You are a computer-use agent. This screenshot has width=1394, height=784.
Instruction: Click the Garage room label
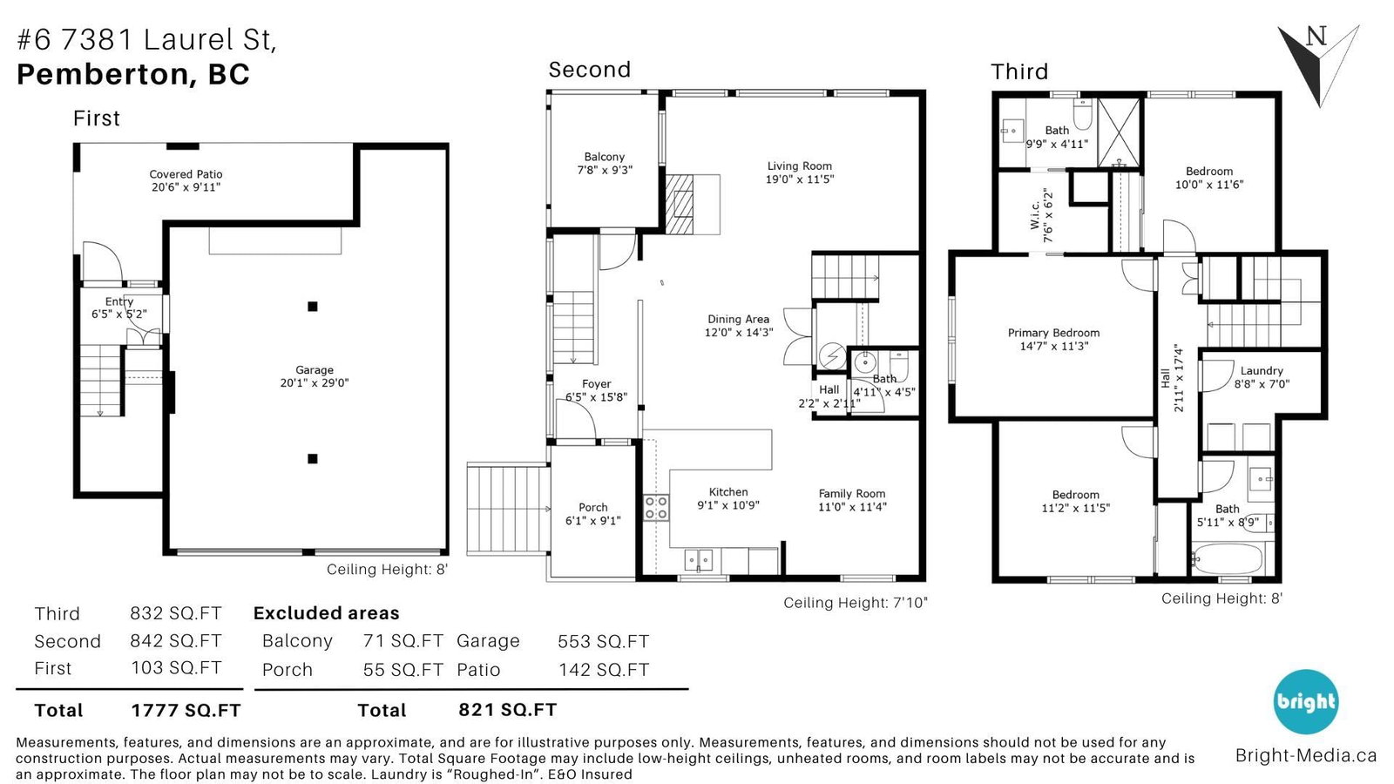pos(315,369)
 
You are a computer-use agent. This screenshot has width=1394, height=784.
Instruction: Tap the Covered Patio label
pos(186,174)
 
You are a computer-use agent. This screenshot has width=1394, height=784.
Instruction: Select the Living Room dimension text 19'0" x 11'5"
pos(800,179)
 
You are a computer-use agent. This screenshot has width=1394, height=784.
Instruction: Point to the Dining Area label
pos(738,319)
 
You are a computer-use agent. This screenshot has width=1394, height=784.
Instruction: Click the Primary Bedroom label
pos(1053,333)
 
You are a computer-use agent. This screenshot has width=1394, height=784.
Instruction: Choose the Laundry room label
pos(1262,371)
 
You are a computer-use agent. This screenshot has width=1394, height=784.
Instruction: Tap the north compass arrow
pos(1318,64)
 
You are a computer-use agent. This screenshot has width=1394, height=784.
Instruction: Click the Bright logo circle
pos(1306,702)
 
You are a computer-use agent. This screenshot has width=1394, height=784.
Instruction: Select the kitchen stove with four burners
pos(656,507)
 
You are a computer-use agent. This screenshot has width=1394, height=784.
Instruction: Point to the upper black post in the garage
pos(313,306)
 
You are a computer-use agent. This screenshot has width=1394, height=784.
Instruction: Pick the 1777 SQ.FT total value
pos(186,711)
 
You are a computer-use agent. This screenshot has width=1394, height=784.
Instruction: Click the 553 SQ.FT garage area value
pos(603,641)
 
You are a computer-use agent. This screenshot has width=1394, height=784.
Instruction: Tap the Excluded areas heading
pos(326,613)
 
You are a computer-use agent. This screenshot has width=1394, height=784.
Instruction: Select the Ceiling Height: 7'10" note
pos(855,603)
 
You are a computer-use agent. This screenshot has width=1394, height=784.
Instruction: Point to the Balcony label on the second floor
pos(605,157)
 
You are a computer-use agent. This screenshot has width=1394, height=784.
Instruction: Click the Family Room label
pos(851,493)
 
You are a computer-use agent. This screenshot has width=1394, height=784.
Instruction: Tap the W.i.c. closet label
pos(1035,214)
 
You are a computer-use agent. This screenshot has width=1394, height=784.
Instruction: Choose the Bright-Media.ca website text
pos(1306,756)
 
